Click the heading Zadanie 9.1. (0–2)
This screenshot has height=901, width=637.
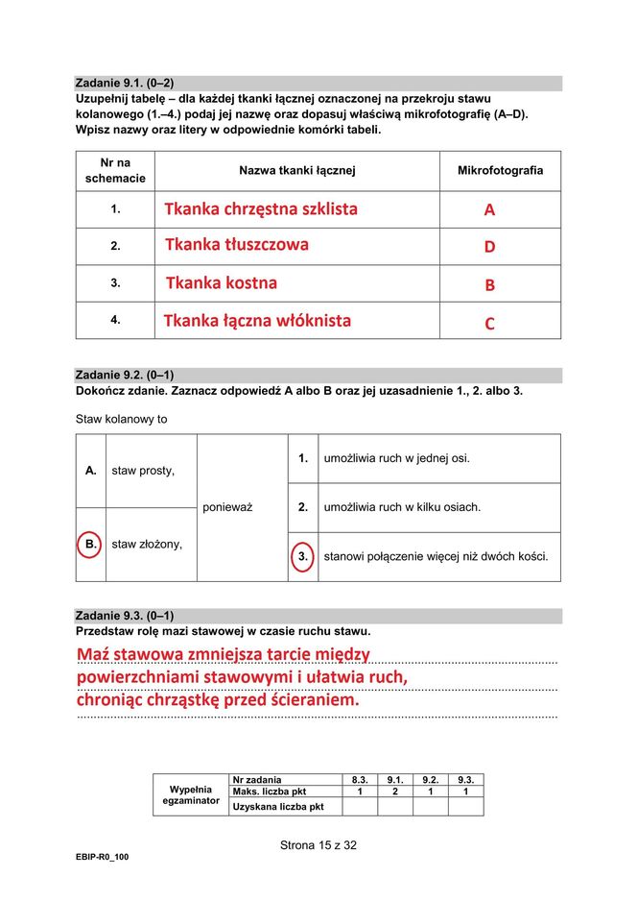[125, 84]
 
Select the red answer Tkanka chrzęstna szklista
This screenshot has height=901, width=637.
[261, 209]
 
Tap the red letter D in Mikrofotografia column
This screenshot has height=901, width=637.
[489, 247]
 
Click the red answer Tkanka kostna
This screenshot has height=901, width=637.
[222, 283]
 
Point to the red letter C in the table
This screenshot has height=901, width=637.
[489, 324]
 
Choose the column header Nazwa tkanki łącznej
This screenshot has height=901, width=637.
[297, 171]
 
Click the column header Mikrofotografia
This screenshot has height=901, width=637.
[500, 171]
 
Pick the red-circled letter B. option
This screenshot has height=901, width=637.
[90, 545]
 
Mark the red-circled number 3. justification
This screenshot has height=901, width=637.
[302, 556]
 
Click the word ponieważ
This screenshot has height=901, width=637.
[227, 507]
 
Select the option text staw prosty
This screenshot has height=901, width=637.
[143, 471]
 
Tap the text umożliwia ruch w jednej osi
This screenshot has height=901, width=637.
[397, 458]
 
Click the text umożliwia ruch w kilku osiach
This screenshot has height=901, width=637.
[402, 507]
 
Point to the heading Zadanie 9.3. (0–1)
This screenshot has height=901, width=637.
[125, 616]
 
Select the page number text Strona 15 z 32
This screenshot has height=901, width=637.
[318, 845]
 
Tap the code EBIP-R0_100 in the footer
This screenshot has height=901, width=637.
[102, 857]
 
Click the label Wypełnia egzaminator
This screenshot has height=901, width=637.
[191, 794]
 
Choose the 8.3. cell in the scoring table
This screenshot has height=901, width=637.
[360, 779]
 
